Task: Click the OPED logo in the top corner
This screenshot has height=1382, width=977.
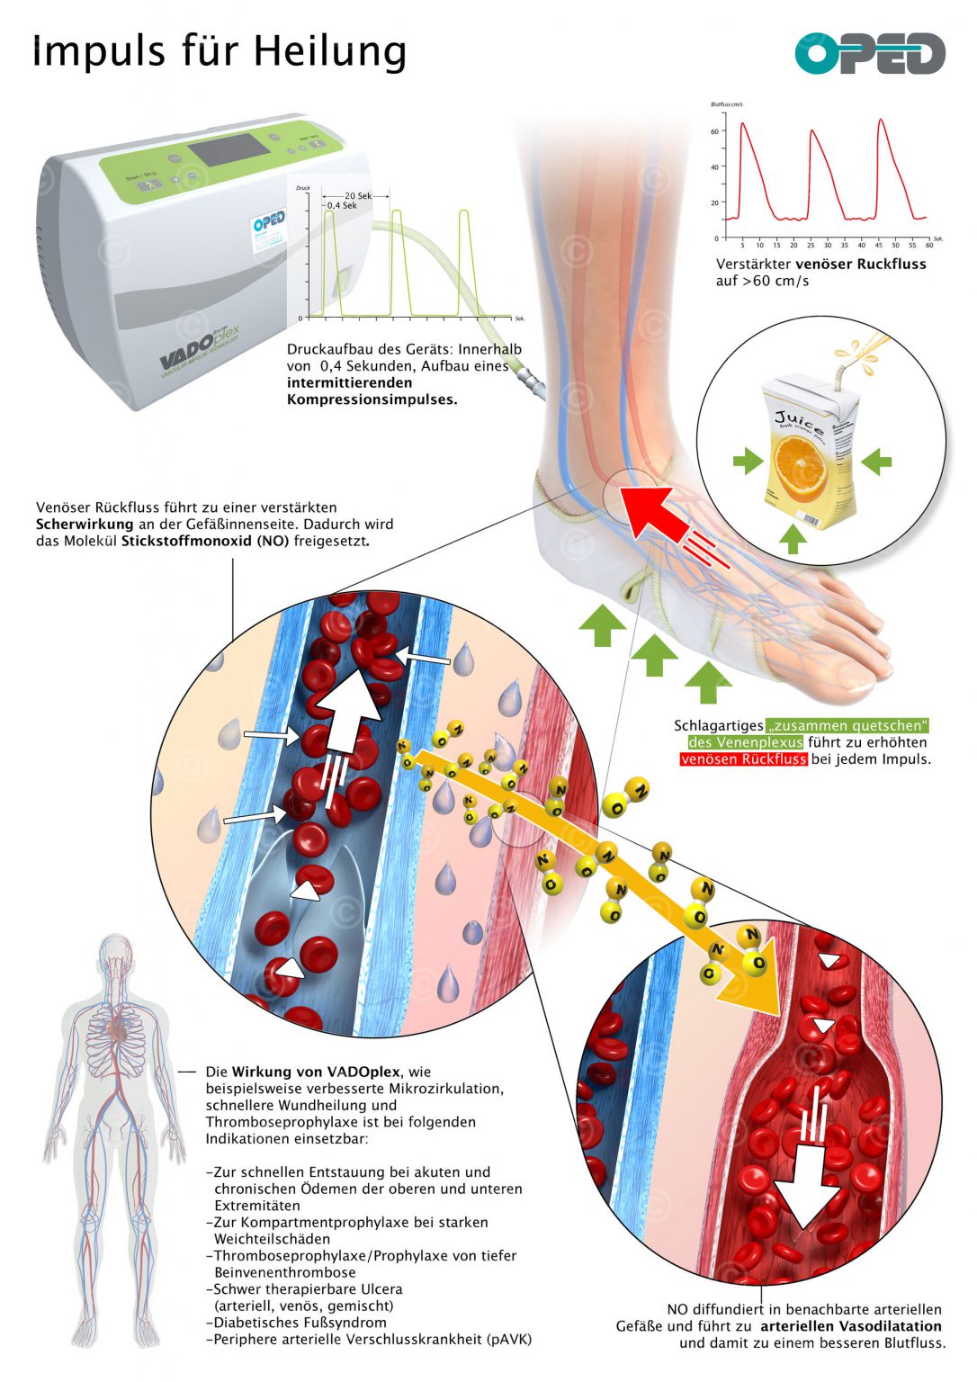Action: [869, 54]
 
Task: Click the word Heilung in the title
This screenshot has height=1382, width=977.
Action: [329, 51]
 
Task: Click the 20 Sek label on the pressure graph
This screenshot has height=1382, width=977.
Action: [358, 195]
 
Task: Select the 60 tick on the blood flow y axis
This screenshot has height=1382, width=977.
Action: [715, 131]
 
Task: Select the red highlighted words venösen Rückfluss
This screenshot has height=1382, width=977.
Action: [743, 758]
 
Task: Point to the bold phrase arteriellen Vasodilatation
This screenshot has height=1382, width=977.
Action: [850, 1326]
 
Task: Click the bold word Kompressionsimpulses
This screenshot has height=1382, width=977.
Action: [372, 399]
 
